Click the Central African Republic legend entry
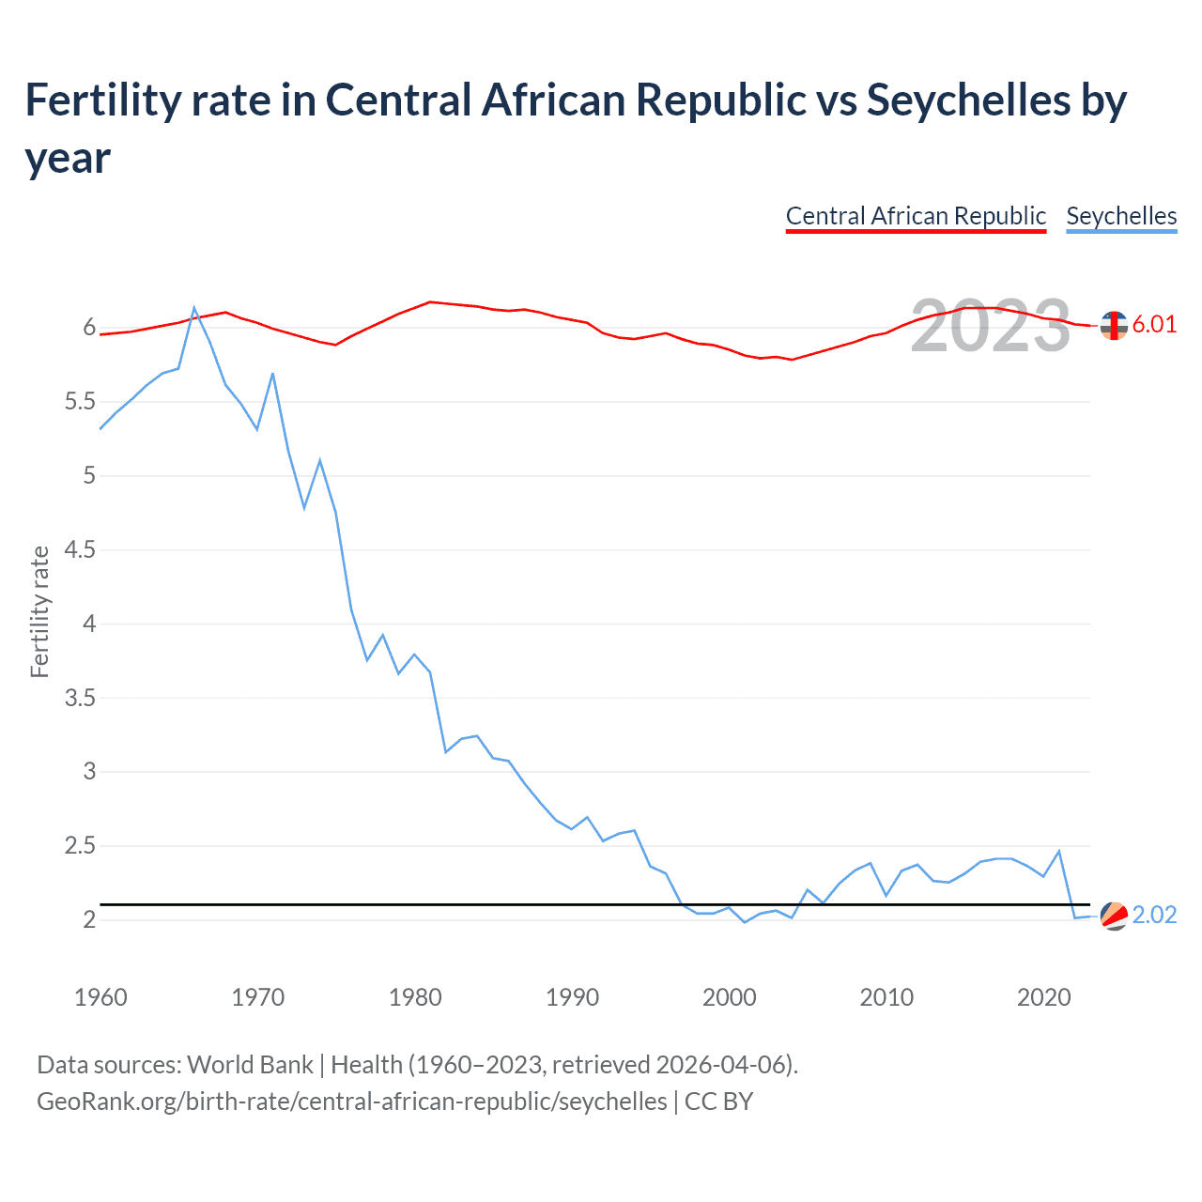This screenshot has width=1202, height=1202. (916, 216)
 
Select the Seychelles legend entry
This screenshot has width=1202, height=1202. (1121, 216)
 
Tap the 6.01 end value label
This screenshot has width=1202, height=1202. (1154, 325)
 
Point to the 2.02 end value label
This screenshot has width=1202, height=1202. (1154, 916)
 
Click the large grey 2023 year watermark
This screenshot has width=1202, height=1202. (990, 326)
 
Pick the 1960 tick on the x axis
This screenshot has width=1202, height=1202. (100, 997)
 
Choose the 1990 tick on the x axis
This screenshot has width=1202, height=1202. (572, 997)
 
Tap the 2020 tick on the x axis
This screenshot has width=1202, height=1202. (1043, 997)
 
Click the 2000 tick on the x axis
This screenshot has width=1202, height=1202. (730, 997)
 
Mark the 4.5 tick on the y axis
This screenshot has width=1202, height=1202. (80, 549)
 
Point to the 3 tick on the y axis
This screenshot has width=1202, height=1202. (89, 772)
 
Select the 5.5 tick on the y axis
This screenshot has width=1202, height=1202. (80, 402)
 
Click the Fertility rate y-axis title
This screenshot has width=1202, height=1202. (39, 611)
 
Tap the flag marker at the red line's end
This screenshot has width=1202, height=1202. (1114, 325)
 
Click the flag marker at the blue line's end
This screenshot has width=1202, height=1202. (1114, 916)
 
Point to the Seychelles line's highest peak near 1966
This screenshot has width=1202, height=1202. (194, 308)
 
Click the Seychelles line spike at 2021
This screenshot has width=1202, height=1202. (1059, 851)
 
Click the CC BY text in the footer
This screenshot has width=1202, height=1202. (718, 1101)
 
